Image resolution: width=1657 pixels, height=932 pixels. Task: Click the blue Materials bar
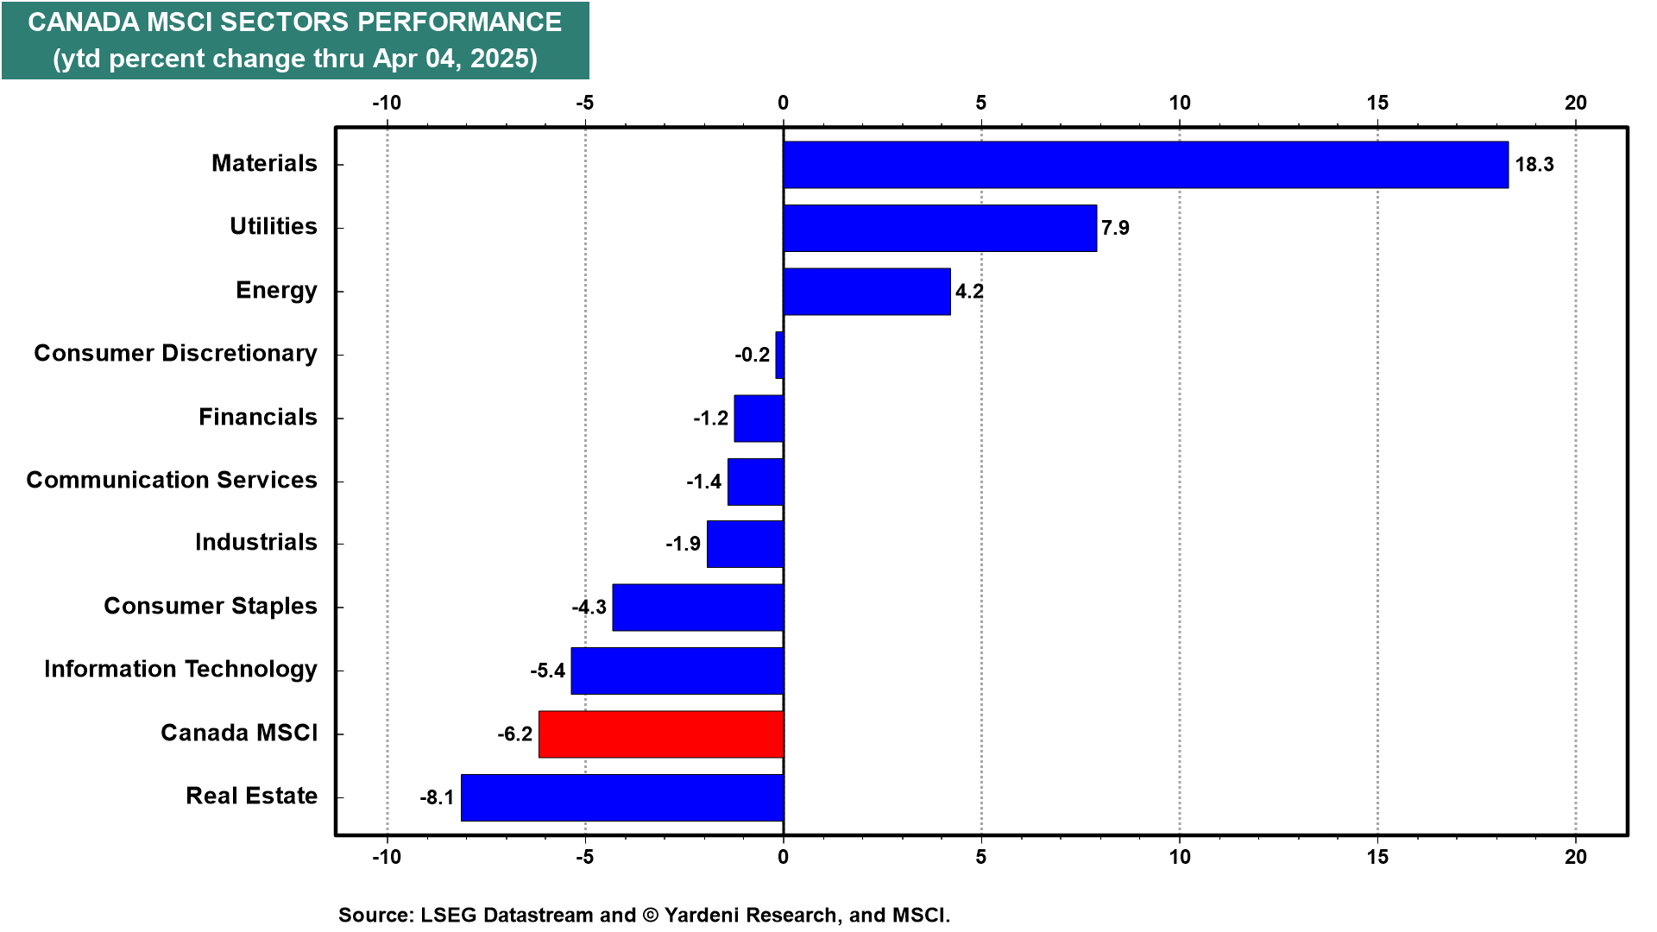coord(1146,165)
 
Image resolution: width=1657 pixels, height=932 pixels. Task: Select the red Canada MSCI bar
coord(661,734)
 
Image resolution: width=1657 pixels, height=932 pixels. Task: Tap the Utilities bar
coord(940,228)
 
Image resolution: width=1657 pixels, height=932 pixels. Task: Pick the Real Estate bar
coord(622,797)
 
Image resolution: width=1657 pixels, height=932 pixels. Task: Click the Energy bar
coord(866,292)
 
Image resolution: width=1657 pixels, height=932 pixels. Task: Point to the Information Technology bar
coord(677,671)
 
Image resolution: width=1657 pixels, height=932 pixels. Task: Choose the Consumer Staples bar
coord(698,608)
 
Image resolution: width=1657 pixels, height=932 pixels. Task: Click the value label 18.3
coord(1534,165)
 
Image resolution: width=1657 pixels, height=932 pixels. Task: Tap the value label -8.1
coord(437,797)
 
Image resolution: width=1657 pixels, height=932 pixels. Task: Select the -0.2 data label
coord(752,355)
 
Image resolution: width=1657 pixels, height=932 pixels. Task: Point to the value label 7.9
coord(1115,228)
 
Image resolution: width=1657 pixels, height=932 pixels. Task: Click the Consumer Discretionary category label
coord(175,354)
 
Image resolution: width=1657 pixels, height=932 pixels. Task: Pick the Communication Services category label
coord(172,480)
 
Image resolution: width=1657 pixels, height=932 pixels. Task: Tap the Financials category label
coord(258,417)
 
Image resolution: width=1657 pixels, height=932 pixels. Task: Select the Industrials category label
coord(256,542)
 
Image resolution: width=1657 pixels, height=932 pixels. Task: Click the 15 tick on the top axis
coord(1377,103)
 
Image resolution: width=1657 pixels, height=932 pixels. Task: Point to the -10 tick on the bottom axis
coord(387,857)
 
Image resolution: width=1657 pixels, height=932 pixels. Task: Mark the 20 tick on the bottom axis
coord(1576,857)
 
